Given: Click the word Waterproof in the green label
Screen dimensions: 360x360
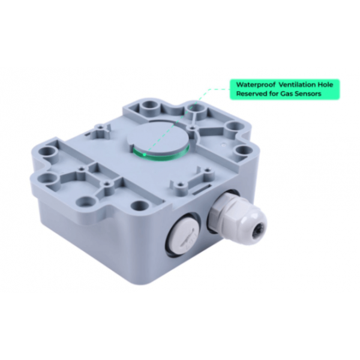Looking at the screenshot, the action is coord(256,85).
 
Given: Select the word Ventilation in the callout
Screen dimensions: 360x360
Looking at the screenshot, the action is coord(297,85).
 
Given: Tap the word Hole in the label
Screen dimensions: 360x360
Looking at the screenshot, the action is coord(325,85).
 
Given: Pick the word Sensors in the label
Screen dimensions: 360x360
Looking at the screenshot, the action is coord(308,94).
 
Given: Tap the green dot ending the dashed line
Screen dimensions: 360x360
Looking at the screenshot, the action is coord(144,154).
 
